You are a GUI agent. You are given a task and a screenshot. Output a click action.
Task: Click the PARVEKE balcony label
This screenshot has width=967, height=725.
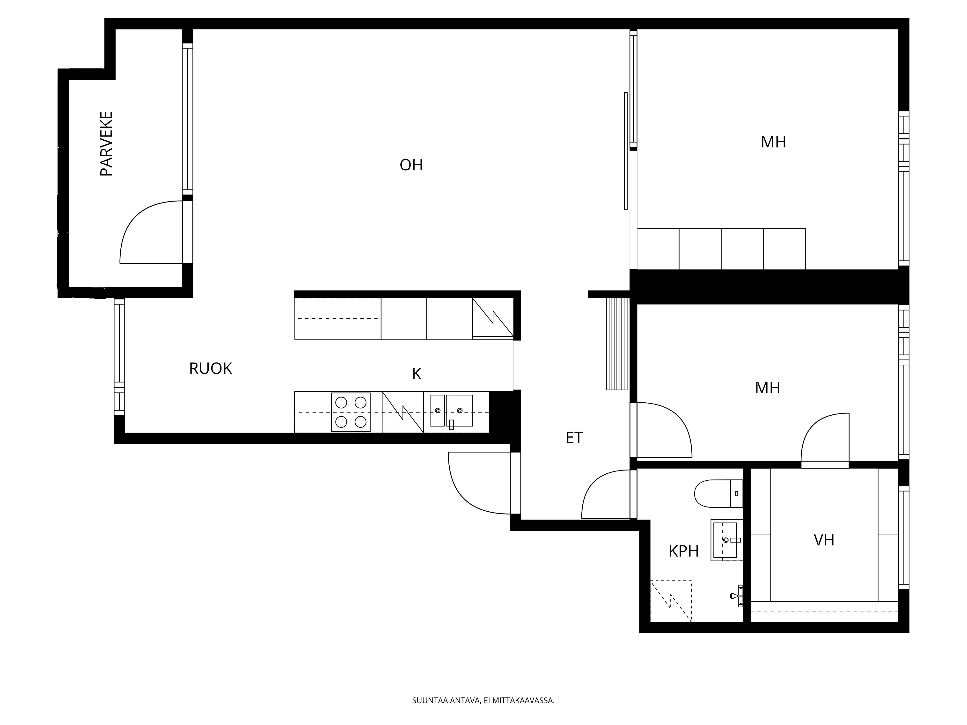106,144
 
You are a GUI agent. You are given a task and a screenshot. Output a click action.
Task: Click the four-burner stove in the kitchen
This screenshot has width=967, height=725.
351,412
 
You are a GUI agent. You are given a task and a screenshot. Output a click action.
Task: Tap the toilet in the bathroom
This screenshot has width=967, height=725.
718,493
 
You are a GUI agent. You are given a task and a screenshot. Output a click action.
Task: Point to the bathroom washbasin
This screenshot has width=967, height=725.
726,540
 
